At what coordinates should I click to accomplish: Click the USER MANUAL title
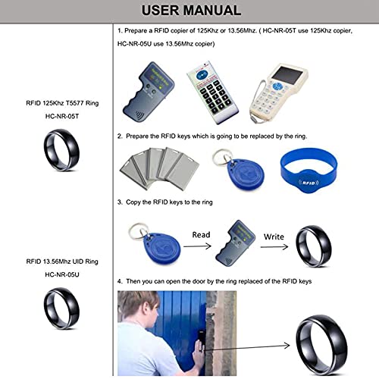click(189, 10)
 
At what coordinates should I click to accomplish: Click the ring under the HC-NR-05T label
click(58, 143)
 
